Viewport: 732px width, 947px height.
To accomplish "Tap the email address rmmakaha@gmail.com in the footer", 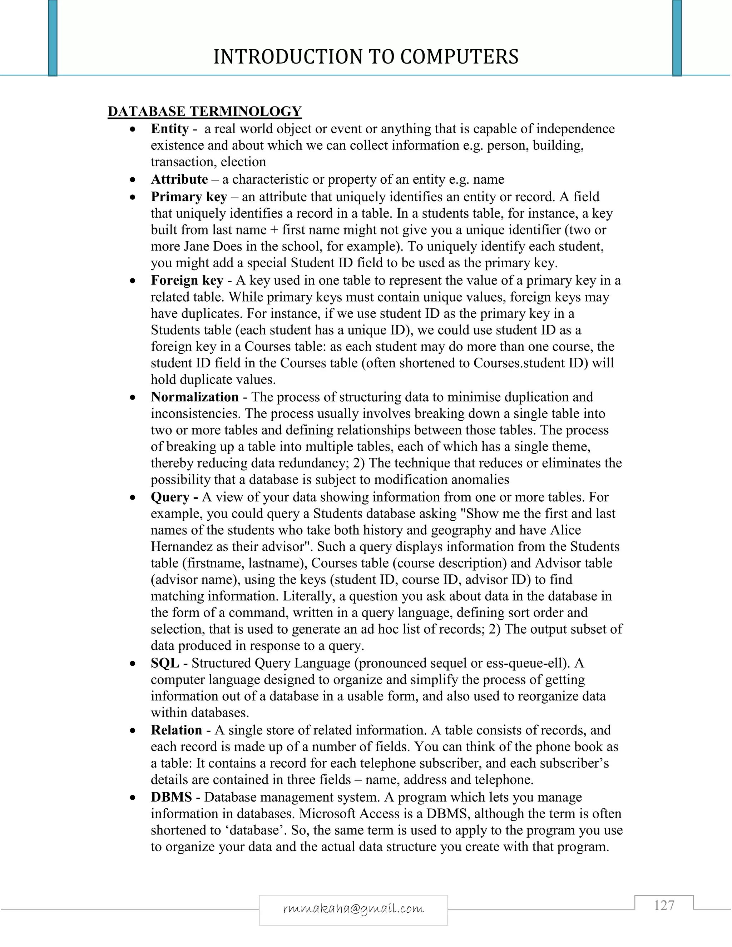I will coord(353,908).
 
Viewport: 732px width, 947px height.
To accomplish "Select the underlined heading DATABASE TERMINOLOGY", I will coord(204,111).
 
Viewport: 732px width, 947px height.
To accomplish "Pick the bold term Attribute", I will coord(179,179).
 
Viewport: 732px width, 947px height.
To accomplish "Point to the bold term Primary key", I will coord(189,197).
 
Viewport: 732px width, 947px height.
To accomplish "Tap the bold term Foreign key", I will coord(187,281).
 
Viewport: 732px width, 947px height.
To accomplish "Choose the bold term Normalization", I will coord(195,397).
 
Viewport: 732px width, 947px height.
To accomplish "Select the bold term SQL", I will coord(165,663).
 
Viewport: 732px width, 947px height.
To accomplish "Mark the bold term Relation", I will coord(176,730).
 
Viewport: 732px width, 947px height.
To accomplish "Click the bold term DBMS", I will coord(171,797).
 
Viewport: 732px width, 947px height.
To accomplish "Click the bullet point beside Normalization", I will coord(133,397).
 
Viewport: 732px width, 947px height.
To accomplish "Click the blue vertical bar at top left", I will coord(53,38).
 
